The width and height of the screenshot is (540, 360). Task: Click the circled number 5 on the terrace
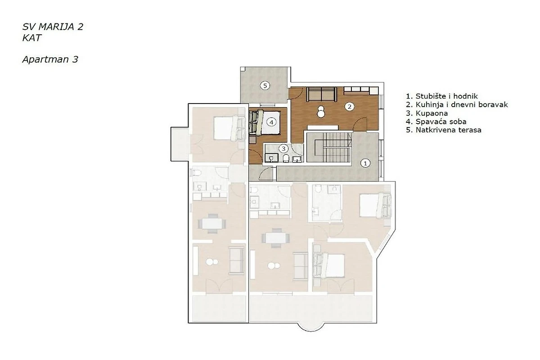(x=265, y=85)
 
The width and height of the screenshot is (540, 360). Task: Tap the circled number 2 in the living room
(x=349, y=106)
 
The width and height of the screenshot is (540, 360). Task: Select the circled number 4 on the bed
(x=271, y=122)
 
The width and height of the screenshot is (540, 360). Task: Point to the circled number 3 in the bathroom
(x=283, y=148)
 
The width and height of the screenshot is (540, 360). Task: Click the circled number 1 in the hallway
(x=365, y=163)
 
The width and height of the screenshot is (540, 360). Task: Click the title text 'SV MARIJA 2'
(x=53, y=27)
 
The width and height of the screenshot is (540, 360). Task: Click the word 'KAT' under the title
(x=32, y=38)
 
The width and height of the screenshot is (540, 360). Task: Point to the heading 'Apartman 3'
(x=50, y=59)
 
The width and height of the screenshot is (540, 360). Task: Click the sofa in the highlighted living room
(x=322, y=94)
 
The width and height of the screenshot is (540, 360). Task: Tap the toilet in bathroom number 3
(x=286, y=158)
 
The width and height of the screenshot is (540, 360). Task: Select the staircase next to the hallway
(x=329, y=147)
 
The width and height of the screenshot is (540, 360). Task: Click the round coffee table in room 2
(x=321, y=112)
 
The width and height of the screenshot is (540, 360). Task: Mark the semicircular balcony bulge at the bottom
(x=310, y=327)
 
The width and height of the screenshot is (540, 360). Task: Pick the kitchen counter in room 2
(x=361, y=90)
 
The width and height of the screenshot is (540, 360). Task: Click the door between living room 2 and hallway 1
(x=360, y=124)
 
